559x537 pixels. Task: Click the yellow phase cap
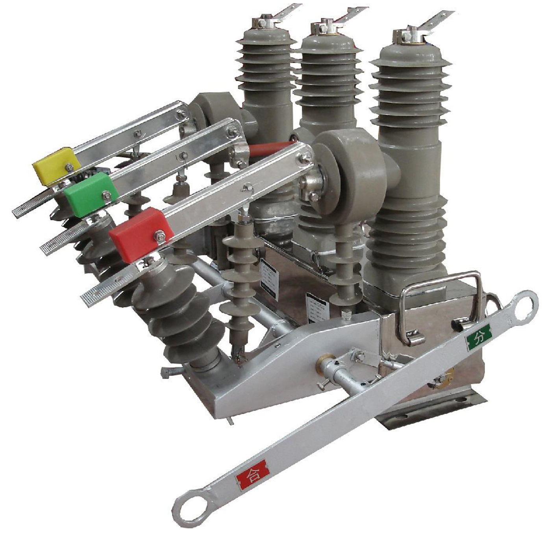pos(53,166)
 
